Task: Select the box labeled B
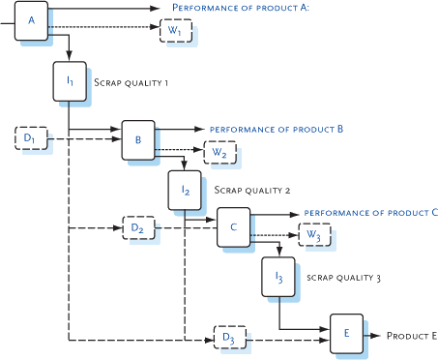point(137,140)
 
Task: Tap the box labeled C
point(233,226)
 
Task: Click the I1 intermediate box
point(70,82)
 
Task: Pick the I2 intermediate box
point(184,191)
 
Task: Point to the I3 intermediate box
point(278,278)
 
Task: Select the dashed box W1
point(175,30)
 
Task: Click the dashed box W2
point(219,152)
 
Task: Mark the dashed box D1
point(31,139)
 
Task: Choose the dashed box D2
point(138,227)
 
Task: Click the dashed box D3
point(229,336)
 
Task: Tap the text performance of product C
point(371,211)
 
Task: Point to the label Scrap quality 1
point(131,83)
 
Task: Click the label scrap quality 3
point(343,278)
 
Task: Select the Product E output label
point(412,336)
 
